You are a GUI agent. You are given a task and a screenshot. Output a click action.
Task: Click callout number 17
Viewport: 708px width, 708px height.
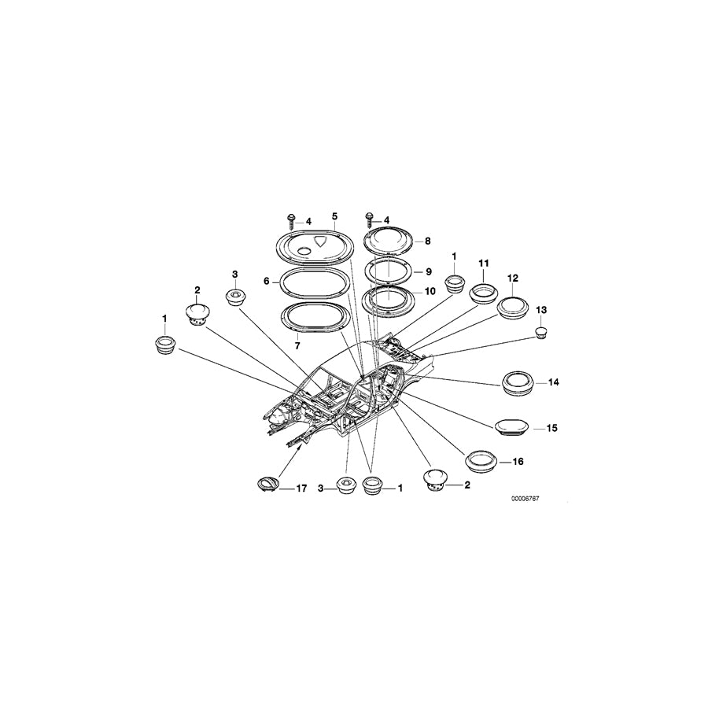(301, 488)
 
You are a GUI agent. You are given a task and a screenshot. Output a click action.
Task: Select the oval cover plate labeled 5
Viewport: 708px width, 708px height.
(314, 245)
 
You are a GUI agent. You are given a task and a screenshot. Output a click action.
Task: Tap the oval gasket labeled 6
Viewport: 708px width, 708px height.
(314, 282)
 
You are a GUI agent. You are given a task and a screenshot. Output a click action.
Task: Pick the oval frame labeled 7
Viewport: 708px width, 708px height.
(315, 318)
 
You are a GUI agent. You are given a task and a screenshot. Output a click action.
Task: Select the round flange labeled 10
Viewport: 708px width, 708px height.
(388, 300)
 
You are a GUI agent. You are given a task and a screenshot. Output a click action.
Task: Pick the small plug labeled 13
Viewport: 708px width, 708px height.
(541, 333)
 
